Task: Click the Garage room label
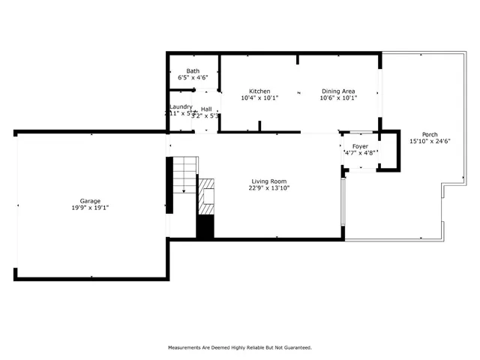click(90, 201)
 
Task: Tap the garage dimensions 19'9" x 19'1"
click(90, 209)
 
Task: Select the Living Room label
click(269, 181)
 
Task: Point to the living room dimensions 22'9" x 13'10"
click(269, 188)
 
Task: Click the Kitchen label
click(259, 91)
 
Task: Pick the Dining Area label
click(338, 91)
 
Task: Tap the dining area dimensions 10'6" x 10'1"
click(338, 98)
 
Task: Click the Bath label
click(193, 70)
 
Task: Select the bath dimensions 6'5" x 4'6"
click(193, 78)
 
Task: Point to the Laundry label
click(181, 106)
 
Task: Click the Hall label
click(206, 109)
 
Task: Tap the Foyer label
click(360, 145)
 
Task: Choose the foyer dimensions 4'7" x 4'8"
click(360, 153)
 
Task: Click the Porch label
click(430, 134)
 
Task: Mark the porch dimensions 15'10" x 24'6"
click(430, 142)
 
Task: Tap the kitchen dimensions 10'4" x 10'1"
click(259, 98)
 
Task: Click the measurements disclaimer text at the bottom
click(239, 347)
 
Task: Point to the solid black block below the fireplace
click(205, 226)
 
